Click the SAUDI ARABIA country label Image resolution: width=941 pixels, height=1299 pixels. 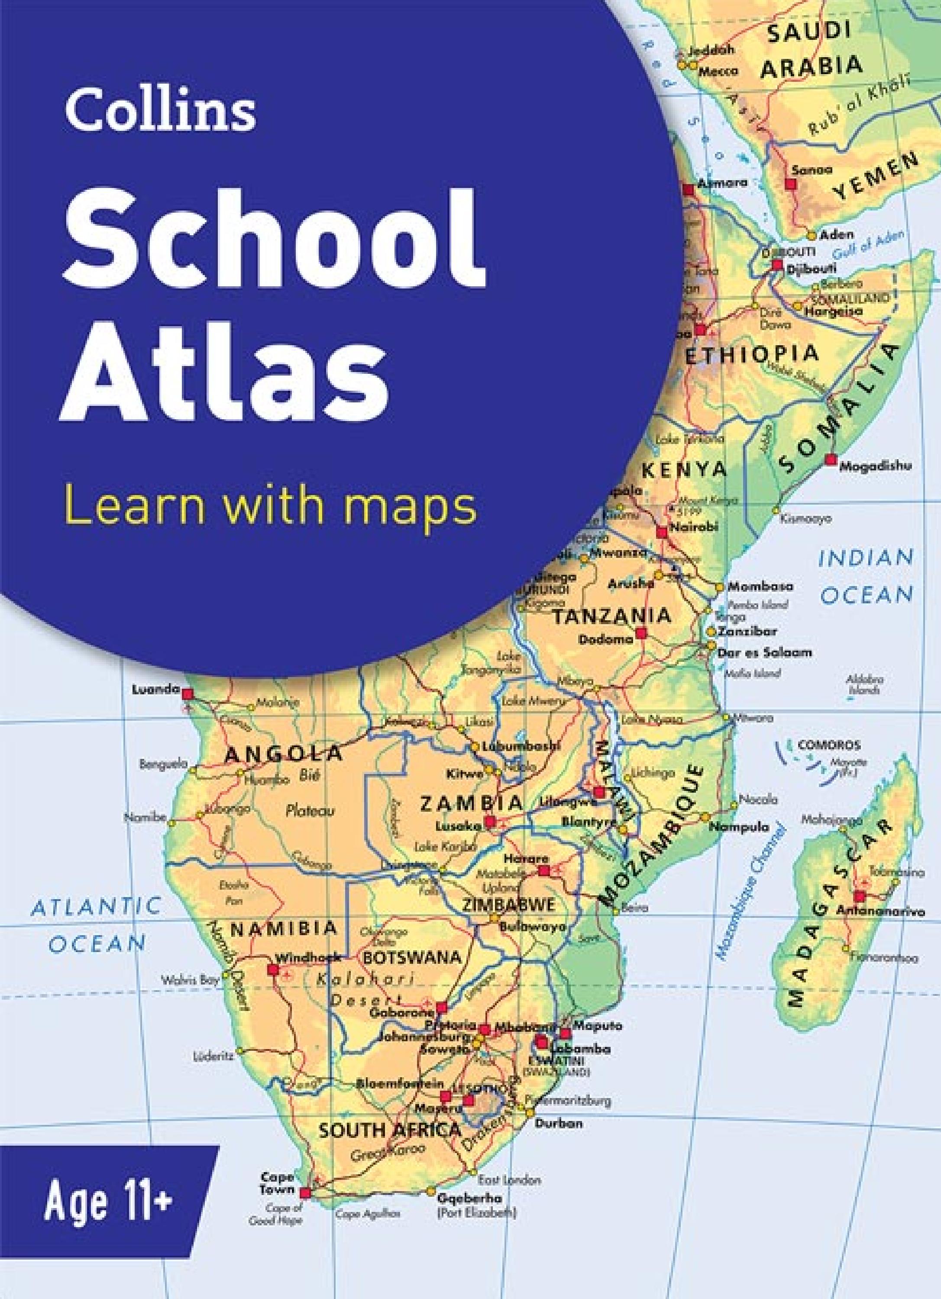click(x=812, y=52)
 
